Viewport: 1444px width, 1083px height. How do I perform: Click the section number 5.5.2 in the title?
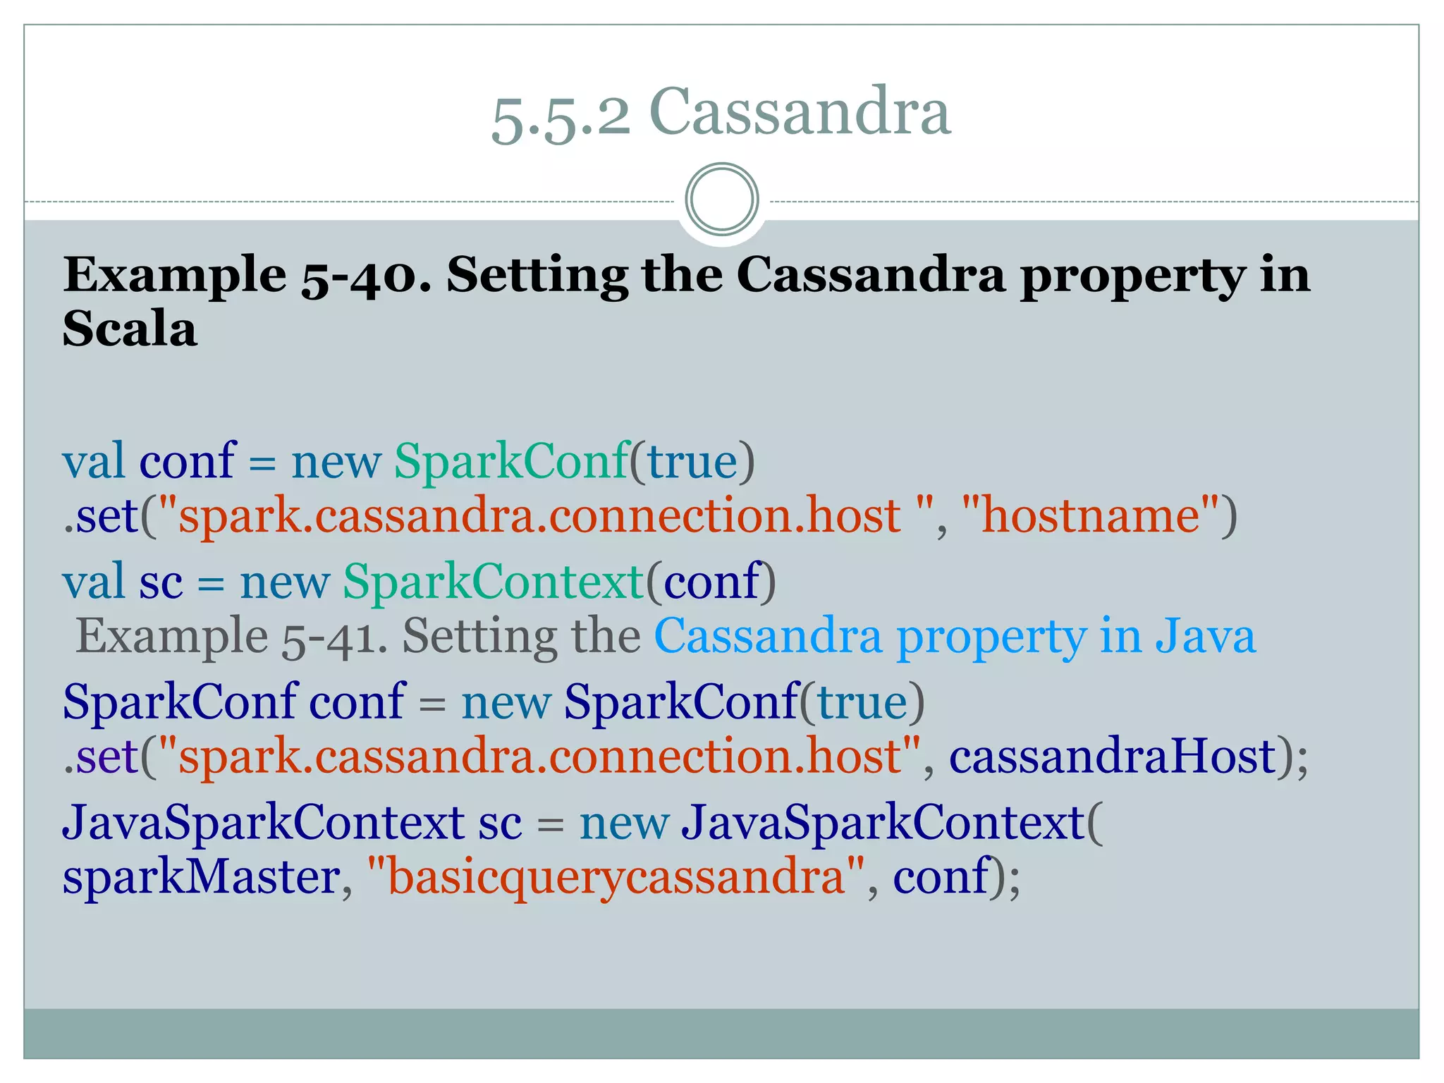tap(561, 116)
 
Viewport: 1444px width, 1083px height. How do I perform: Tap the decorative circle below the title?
tap(721, 199)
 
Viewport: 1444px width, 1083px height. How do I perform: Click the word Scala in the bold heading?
tap(130, 329)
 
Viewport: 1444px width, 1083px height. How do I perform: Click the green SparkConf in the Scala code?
tap(511, 461)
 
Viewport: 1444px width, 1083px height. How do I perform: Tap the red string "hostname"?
tap(1090, 515)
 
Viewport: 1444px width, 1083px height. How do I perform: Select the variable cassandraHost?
tap(1113, 756)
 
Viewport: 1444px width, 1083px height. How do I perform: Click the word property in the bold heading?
tap(1132, 276)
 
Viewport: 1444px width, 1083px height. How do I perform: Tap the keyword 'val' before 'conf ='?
tap(93, 461)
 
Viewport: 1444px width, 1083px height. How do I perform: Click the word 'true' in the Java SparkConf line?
tap(862, 702)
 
